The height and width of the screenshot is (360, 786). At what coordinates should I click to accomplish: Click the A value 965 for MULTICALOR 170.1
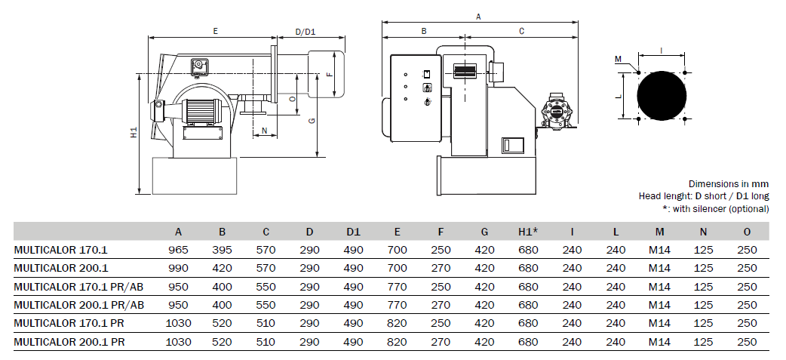click(x=179, y=250)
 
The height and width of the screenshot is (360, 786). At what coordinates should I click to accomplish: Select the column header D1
click(x=354, y=232)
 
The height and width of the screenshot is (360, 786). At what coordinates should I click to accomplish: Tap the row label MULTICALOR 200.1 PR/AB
click(x=78, y=305)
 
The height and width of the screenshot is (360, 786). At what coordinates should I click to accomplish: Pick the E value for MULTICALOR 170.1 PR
click(x=397, y=324)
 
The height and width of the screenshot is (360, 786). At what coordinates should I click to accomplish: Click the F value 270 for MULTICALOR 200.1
click(x=441, y=268)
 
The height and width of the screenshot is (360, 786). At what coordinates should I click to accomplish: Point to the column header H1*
click(x=528, y=232)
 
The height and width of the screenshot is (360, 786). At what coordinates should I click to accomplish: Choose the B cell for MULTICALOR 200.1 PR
click(x=223, y=342)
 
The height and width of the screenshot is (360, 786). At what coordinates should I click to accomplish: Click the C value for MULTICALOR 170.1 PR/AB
click(x=266, y=287)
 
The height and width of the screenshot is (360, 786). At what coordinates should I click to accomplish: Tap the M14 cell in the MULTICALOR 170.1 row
click(x=660, y=250)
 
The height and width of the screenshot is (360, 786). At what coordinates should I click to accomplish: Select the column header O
click(x=748, y=232)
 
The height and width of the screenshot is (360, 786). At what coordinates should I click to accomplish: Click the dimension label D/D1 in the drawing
click(x=305, y=32)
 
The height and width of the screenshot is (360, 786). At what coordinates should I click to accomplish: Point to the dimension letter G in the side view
click(x=312, y=121)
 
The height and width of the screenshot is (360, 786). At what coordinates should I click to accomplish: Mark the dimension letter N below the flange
click(x=266, y=131)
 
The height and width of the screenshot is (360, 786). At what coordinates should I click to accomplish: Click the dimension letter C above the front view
click(x=521, y=31)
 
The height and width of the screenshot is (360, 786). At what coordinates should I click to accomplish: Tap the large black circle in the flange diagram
click(x=662, y=96)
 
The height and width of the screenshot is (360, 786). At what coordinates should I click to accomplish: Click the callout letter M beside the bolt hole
click(x=618, y=59)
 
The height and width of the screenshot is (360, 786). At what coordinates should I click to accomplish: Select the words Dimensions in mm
click(x=729, y=184)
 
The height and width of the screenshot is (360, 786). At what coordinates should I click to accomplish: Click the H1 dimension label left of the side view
click(x=134, y=133)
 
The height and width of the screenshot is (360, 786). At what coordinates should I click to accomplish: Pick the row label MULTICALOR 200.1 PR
click(x=69, y=342)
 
